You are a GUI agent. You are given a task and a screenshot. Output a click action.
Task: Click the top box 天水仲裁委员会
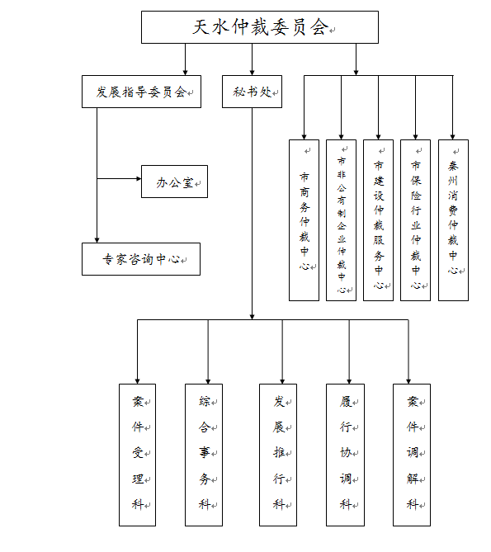click(260, 27)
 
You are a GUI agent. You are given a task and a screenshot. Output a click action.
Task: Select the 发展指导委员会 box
click(141, 92)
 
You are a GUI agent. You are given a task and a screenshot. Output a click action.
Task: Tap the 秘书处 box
click(252, 92)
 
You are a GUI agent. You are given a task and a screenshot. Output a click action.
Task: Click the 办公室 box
click(175, 182)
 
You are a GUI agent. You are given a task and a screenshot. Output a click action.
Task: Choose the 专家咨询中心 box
click(141, 259)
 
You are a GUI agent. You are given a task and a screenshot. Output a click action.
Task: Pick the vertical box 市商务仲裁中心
click(305, 220)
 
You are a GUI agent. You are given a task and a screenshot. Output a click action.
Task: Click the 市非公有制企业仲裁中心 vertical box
click(341, 220)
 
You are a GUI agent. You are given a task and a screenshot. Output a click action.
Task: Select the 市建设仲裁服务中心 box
click(379, 220)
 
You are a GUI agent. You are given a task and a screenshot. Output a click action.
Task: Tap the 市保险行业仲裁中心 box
click(415, 220)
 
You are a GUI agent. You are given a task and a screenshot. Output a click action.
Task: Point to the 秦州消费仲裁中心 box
click(453, 220)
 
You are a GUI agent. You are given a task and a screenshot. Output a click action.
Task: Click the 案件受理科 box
click(137, 455)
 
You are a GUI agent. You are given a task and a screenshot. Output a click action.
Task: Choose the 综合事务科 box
click(204, 455)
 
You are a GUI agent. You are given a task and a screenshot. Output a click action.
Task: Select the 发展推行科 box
click(278, 455)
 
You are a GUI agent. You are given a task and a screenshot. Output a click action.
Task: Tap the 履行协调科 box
click(345, 455)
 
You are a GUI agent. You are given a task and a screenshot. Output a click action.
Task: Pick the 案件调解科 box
click(412, 455)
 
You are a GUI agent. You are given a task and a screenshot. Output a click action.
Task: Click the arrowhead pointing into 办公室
click(139, 179)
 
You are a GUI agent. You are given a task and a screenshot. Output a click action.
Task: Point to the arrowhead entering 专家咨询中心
click(97, 240)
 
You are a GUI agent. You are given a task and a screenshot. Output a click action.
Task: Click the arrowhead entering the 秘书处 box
click(252, 73)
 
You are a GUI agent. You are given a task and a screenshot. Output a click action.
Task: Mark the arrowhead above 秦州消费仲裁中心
click(453, 137)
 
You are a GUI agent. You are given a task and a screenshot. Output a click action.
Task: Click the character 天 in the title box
click(201, 27)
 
